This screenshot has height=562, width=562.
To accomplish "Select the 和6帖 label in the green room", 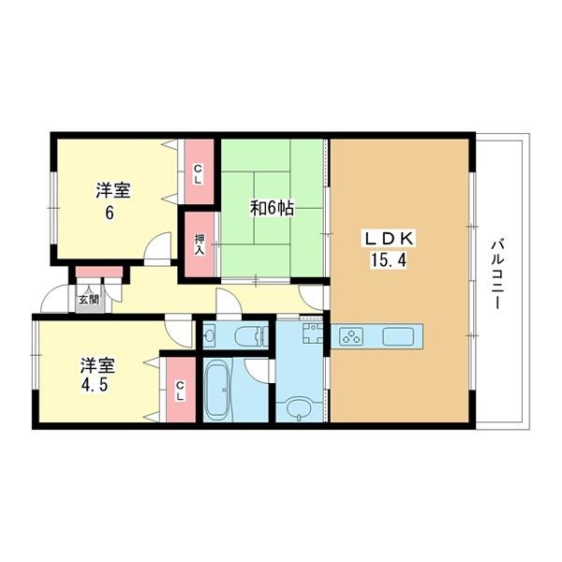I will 272,208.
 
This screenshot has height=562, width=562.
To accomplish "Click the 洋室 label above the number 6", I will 111,191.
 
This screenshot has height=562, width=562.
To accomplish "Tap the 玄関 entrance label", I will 87,300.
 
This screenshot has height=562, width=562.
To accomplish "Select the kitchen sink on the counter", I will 397,335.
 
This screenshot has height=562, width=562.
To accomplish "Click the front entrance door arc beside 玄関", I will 51,300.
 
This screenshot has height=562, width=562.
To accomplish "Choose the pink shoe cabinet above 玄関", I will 99,273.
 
